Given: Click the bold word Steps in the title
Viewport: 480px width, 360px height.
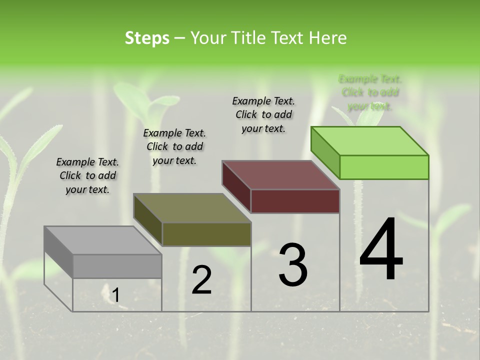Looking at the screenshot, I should click(x=147, y=38).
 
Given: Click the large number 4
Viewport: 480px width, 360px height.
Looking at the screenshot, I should click(x=381, y=250).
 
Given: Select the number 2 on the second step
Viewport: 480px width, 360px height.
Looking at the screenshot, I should click(x=202, y=280).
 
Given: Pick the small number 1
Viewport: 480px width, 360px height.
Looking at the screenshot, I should click(x=115, y=295).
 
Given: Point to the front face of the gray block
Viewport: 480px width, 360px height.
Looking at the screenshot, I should click(x=117, y=266).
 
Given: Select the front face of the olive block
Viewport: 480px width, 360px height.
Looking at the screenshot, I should click(x=206, y=234).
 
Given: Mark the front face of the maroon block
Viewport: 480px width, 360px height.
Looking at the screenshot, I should click(x=295, y=201).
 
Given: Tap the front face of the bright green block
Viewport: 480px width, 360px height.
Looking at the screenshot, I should click(x=384, y=167).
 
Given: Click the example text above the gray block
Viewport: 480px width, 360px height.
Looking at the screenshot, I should click(x=87, y=175).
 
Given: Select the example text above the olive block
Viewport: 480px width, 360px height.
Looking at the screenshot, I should click(x=174, y=146).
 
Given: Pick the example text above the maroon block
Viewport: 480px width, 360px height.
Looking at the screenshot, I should click(x=263, y=114).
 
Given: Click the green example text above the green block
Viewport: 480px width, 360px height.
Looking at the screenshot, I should click(x=370, y=92).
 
